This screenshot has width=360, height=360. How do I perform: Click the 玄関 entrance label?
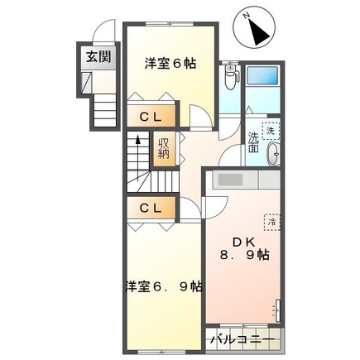pos(91,57)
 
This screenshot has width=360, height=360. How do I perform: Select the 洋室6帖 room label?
pos(170,64)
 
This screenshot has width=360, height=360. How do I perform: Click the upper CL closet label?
pos(150,117)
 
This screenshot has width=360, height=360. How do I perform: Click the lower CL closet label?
pos(150,207)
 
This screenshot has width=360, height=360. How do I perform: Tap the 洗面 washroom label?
pos(253,142)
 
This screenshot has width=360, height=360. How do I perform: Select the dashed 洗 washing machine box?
pos(270,129)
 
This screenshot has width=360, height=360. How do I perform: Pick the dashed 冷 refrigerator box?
pos(271,222)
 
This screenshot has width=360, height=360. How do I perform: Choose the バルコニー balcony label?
pos(242,339)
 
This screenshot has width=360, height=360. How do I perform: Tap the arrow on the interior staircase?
pos(133,149)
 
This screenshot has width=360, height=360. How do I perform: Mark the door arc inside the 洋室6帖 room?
pos(198,115)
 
